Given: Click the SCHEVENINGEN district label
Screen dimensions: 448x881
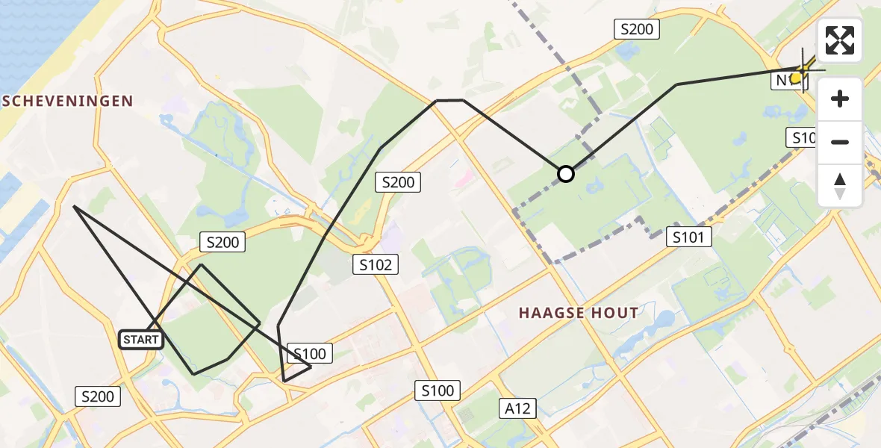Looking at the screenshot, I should pos(67,101).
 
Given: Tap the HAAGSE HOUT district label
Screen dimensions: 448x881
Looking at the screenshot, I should pos(579,313).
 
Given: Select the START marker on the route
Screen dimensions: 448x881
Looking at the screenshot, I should pos(141,340).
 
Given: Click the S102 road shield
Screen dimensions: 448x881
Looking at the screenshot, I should pos(376,264).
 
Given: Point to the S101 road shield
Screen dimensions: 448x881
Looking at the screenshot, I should pos(688,237).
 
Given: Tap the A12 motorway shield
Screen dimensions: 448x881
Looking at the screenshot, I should pos(517,408).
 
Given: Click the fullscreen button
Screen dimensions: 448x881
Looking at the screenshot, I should pos(840,40).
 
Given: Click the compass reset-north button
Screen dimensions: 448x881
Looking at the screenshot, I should pos(840,186).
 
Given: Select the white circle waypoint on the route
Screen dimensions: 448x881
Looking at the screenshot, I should pos(566,174).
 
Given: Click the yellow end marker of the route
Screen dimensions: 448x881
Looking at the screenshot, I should pos(797,76).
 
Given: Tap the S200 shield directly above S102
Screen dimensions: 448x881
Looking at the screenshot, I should pos(398,181).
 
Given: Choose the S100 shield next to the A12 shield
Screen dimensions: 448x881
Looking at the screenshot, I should pos(437,390).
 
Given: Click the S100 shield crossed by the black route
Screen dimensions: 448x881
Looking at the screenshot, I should pos(309,353).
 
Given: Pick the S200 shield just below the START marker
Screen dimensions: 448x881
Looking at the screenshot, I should pos(98,396).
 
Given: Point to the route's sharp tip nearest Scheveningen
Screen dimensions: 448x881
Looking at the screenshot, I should pos(74,206).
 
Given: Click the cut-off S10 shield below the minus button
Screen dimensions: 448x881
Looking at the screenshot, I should pos(803,137).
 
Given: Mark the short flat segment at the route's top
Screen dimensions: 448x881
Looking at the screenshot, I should pos(449,100).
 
